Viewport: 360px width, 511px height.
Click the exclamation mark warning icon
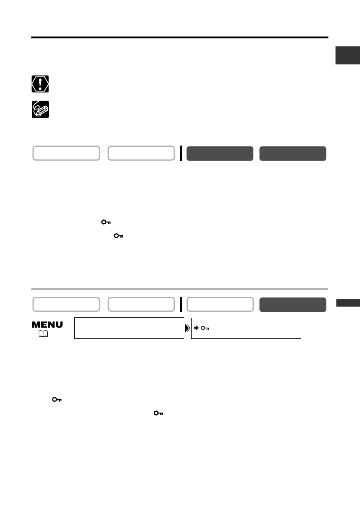click(x=40, y=84)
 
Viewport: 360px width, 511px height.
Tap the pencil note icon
click(x=40, y=109)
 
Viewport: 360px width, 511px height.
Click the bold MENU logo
click(x=47, y=325)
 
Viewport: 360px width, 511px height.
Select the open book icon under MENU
click(x=43, y=334)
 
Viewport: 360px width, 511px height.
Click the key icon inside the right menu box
click(x=205, y=328)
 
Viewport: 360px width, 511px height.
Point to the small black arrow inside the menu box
click(x=196, y=328)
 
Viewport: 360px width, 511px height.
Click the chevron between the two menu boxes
click(x=187, y=328)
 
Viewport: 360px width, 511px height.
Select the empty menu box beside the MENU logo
click(x=129, y=328)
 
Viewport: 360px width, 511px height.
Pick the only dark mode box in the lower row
click(x=293, y=305)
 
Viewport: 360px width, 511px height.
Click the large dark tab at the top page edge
click(x=348, y=55)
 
